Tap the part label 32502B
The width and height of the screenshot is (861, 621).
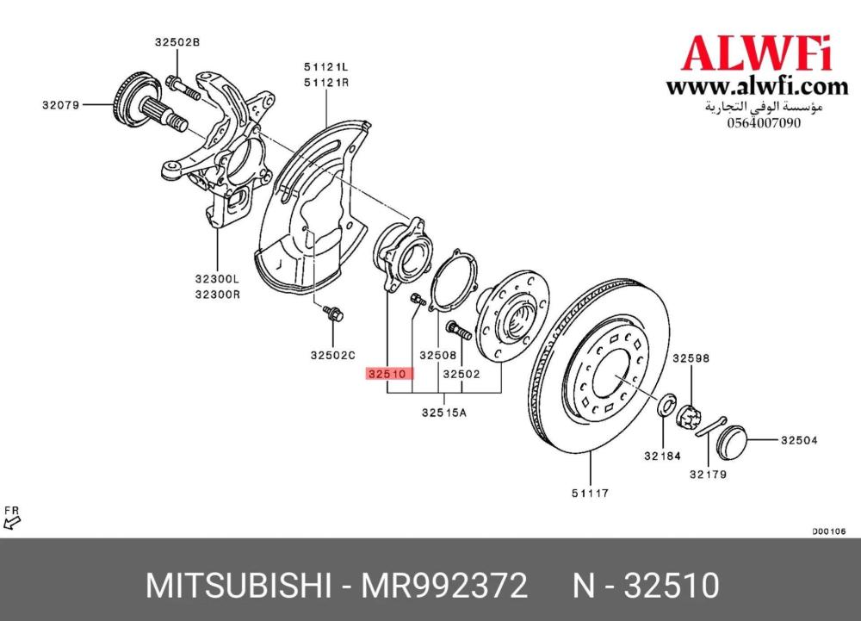point(177,42)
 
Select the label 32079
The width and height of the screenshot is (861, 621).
point(61,105)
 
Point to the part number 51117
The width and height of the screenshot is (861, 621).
point(591,493)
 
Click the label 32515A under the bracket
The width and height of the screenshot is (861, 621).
point(444,412)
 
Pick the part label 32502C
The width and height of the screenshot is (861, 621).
point(332,355)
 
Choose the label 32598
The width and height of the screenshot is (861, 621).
point(691,358)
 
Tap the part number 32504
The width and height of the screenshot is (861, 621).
point(800,440)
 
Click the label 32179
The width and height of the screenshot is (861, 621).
point(709,475)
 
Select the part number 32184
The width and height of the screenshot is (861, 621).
point(663,456)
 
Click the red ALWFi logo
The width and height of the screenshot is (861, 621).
point(757,53)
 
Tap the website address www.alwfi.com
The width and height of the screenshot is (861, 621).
point(757,87)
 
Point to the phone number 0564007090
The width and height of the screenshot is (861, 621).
point(764,122)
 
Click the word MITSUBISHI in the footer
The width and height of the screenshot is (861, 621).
point(238,586)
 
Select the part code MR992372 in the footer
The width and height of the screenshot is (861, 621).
point(443,586)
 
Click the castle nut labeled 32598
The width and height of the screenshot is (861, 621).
point(690,417)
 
